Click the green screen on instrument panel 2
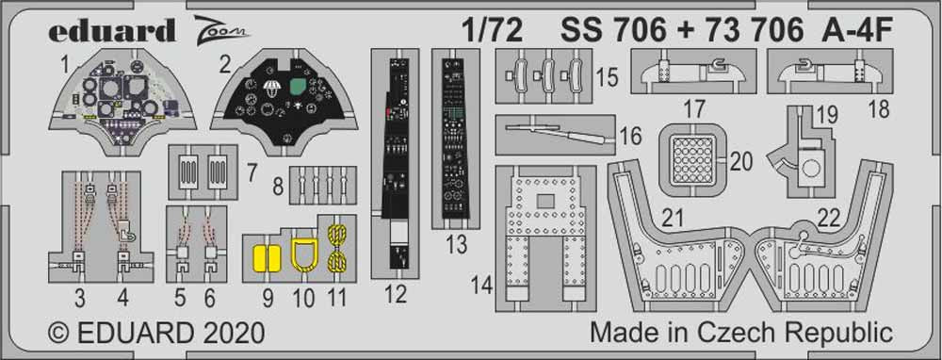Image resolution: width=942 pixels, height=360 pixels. pos(300,91)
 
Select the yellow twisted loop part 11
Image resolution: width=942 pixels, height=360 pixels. pos(337,250)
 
